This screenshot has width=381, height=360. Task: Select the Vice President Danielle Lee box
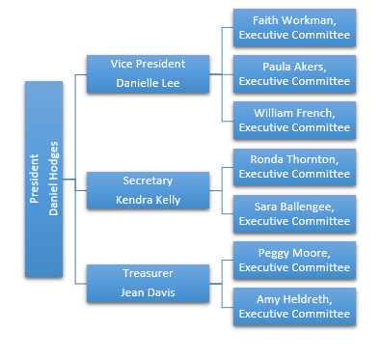click(148, 73)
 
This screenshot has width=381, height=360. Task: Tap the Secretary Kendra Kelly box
click(148, 190)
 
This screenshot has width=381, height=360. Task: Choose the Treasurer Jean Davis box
click(148, 282)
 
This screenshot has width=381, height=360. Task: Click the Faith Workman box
click(295, 27)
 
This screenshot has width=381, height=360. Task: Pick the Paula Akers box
click(295, 73)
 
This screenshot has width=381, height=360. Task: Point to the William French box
click(295, 120)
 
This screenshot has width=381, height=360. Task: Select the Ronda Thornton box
click(295, 167)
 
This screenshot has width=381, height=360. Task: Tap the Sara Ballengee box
click(295, 213)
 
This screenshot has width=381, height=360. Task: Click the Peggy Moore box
click(295, 260)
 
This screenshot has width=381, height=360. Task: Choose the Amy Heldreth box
click(295, 306)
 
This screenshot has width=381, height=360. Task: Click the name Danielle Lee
click(148, 84)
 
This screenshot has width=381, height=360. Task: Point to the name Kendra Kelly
click(148, 201)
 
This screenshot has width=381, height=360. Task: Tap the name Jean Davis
click(148, 292)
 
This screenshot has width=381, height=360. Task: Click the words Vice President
click(148, 64)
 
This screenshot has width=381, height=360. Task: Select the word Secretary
click(148, 180)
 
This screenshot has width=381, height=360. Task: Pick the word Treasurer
click(148, 273)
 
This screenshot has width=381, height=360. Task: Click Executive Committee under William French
click(295, 127)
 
